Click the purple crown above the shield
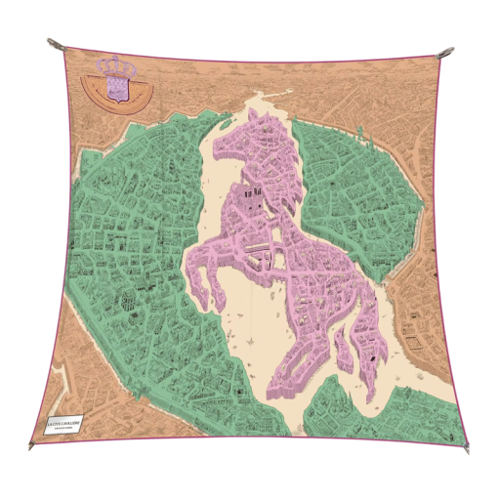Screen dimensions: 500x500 pyautogui.click(x=114, y=67)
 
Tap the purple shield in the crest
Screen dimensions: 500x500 pyautogui.click(x=115, y=89)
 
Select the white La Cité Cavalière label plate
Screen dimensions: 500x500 pyautogui.click(x=58, y=423)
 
